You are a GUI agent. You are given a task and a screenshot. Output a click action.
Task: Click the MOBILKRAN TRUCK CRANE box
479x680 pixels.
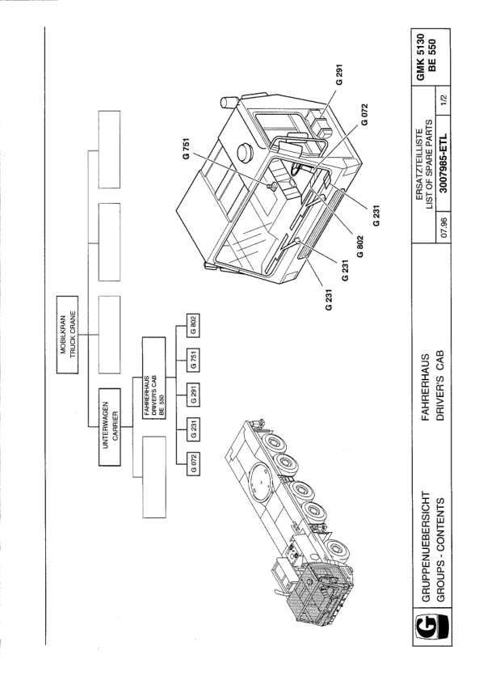tap(68, 335)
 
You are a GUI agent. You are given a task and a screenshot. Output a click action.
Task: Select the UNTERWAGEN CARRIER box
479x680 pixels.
tap(110, 427)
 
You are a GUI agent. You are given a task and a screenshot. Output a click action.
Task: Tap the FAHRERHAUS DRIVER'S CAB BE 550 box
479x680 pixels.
tap(153, 378)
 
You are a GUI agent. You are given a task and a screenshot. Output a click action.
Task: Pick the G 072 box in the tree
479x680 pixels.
tap(193, 463)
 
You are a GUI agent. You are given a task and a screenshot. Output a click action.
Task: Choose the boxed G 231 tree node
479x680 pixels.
tap(193, 429)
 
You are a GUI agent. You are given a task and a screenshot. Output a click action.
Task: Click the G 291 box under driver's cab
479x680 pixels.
tap(193, 395)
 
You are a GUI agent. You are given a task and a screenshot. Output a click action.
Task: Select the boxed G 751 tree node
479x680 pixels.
tap(193, 360)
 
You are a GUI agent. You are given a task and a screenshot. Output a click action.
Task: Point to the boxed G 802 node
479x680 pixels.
tap(193, 325)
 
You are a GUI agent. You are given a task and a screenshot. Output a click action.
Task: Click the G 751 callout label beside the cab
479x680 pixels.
tap(187, 149)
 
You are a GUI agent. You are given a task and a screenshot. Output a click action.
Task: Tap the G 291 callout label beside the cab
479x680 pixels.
tap(339, 74)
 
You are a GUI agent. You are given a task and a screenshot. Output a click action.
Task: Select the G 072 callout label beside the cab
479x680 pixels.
tap(364, 115)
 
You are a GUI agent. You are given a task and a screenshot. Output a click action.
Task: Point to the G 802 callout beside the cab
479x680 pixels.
tap(360, 247)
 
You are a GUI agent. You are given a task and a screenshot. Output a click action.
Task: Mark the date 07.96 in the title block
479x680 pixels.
tap(443, 225)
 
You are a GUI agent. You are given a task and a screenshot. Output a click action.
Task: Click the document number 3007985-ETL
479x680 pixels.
tap(443, 163)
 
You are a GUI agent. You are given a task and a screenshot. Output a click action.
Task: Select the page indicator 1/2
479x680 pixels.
tap(443, 100)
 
